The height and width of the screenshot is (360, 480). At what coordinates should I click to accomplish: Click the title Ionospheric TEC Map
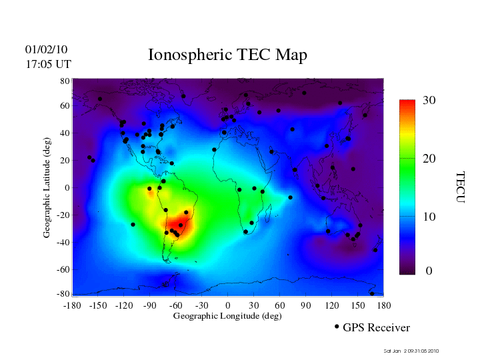click(227, 55)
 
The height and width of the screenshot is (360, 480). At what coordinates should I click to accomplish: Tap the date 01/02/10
click(47, 50)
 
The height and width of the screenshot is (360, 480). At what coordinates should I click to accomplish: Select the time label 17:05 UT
click(48, 65)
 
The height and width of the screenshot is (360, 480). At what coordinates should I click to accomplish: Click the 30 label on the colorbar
click(429, 101)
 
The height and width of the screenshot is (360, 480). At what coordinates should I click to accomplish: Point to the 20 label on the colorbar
click(429, 159)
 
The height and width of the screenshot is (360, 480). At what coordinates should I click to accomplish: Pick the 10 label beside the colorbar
click(429, 217)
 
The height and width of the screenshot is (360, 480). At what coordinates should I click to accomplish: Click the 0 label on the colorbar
click(429, 271)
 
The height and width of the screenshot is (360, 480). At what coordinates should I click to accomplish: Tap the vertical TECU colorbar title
click(460, 187)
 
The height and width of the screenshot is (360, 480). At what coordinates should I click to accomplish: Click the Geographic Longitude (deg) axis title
click(227, 316)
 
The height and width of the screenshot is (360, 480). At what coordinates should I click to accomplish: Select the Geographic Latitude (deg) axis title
click(47, 192)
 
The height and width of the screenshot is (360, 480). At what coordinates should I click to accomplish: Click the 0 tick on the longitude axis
click(228, 305)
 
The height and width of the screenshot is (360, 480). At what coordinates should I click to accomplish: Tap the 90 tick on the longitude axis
click(306, 305)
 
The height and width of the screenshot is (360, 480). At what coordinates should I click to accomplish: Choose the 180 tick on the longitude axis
click(384, 305)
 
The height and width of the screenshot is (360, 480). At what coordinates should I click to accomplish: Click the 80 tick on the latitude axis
click(65, 81)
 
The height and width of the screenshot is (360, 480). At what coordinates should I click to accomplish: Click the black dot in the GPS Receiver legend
click(337, 327)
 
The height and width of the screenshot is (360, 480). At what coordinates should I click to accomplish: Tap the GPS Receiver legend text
click(376, 328)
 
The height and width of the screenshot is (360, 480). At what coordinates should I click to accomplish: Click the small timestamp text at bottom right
click(411, 351)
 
